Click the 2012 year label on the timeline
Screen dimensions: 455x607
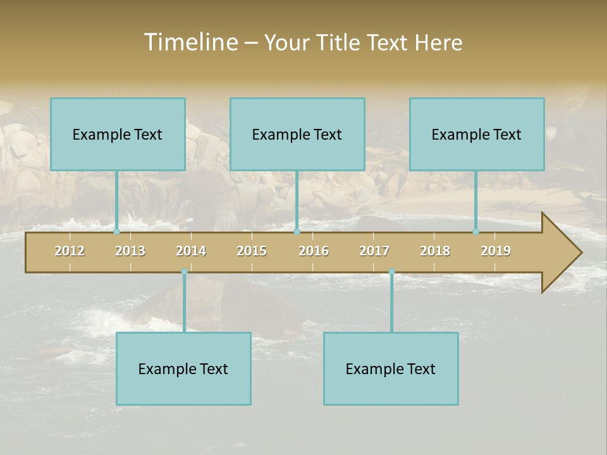coord(70,251)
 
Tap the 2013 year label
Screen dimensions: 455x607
coord(130,251)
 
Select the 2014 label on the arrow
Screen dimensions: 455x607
coord(191,251)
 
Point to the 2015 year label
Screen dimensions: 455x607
coord(252,251)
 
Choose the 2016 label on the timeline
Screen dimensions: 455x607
coord(314,251)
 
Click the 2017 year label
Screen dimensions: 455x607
coord(374,251)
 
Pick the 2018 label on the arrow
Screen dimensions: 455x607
coord(435,251)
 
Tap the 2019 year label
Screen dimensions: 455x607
coord(496,251)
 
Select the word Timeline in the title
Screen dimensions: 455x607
coord(190,42)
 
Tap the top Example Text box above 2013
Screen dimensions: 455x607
coord(118,134)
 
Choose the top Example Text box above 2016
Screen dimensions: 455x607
coord(297,134)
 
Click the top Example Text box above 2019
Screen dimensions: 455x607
coord(477,134)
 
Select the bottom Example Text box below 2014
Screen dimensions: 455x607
coord(183,368)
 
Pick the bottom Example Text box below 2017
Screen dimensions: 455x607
coord(391,368)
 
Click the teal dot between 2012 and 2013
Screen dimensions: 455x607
coord(116,232)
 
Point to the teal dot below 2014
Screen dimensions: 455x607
coord(184,272)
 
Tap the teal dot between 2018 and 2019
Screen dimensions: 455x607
coord(475,232)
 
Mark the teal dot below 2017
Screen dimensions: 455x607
coord(391,272)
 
